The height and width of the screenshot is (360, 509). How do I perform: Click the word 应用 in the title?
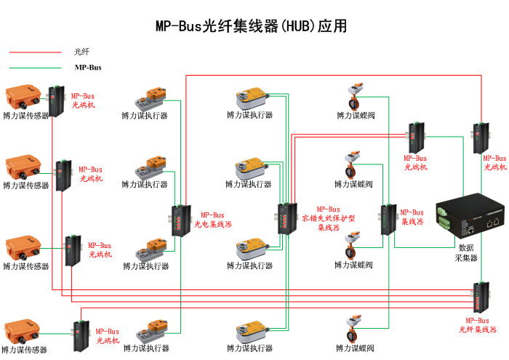(332, 26)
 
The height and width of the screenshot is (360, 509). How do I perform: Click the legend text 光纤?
(82, 52)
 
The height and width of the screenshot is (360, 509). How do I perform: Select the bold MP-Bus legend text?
(88, 68)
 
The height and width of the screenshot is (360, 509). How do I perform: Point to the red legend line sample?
(35, 52)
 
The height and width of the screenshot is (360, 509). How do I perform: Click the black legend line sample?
(35, 68)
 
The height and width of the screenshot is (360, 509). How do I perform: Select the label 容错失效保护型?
(329, 218)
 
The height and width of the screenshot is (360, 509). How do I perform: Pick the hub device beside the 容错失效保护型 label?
(284, 218)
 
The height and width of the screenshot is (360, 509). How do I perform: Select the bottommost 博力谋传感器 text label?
(25, 350)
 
